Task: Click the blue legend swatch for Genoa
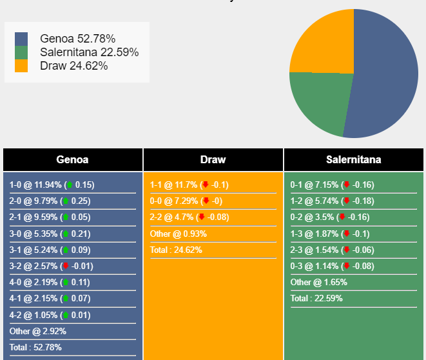[21, 39]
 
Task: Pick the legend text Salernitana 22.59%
[89, 52]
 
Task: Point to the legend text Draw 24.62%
[73, 66]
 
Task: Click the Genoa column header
[72, 160]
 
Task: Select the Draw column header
[213, 160]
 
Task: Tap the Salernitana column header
[353, 160]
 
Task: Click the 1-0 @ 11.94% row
[52, 185]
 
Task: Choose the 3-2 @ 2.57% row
[52, 266]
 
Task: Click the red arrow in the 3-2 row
[66, 266]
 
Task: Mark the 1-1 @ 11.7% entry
[189, 185]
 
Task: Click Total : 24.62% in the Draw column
[176, 250]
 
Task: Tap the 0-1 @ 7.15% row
[332, 185]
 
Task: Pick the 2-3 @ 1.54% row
[332, 250]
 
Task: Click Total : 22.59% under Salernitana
[316, 298]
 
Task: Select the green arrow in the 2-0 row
[66, 201]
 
